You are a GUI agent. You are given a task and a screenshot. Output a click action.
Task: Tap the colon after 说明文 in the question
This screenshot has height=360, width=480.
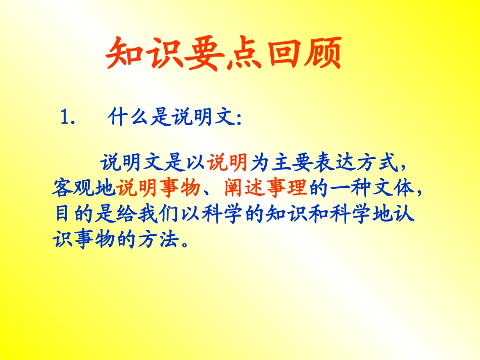(x=239, y=119)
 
